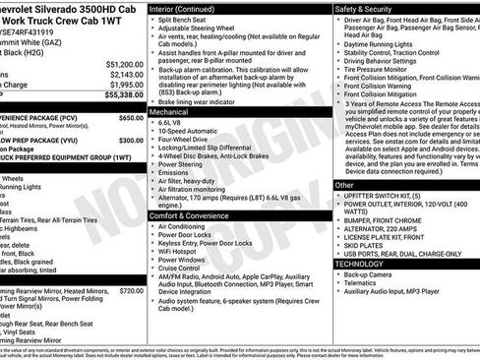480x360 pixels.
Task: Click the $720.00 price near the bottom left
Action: coord(131,290)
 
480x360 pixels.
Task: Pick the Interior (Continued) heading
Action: coord(189,7)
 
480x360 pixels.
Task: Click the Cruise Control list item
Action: coord(190,269)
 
